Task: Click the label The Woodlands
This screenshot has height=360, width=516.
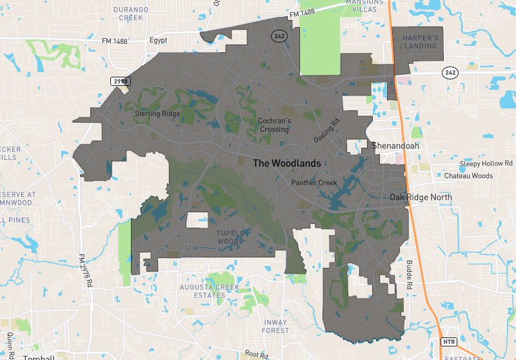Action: tap(286, 164)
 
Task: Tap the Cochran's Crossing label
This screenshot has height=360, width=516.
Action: tap(273, 125)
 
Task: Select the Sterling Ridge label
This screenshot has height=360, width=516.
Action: tap(157, 114)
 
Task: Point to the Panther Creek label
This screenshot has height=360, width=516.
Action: tap(314, 183)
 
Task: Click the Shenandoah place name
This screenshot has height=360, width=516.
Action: tap(394, 146)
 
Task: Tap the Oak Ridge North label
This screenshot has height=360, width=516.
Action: tap(421, 197)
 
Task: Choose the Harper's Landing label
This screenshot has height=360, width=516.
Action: tap(421, 42)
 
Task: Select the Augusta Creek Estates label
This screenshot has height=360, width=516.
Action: tap(209, 291)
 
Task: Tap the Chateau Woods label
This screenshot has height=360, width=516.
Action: tap(468, 175)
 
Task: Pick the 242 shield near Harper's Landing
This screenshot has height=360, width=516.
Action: tap(450, 73)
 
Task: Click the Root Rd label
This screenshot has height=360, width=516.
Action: tap(256, 354)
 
